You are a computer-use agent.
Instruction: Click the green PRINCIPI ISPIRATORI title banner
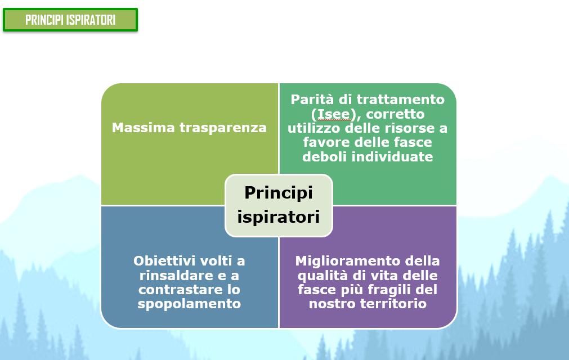click(70, 20)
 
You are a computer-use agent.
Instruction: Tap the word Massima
click(144, 128)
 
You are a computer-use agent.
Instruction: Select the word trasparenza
click(223, 128)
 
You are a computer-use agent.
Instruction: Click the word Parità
click(312, 99)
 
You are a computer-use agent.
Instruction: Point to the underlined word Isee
click(334, 114)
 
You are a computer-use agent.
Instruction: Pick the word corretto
click(395, 114)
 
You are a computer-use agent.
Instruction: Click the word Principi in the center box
click(279, 193)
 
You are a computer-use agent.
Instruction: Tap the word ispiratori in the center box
click(279, 217)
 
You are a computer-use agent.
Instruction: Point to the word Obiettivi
click(164, 260)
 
